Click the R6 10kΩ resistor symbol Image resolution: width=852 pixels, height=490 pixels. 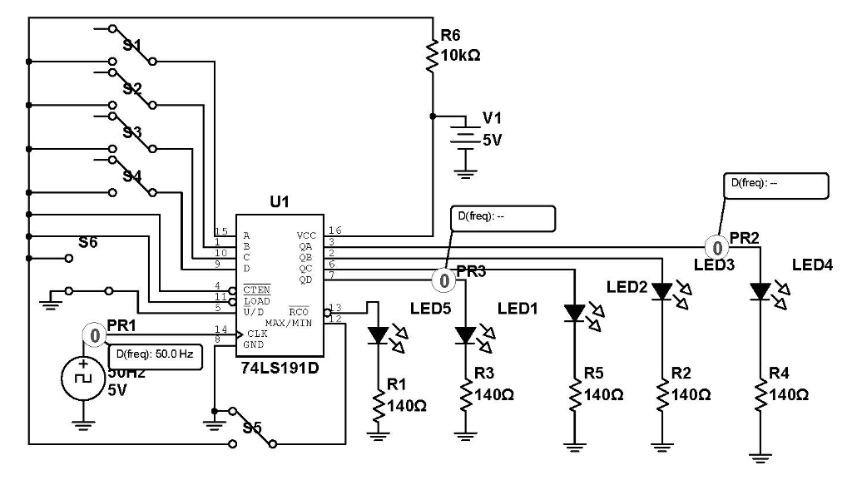(432, 57)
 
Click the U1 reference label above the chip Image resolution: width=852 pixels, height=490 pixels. (279, 202)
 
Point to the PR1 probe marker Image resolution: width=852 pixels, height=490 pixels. (95, 336)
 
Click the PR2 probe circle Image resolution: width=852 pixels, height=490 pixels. (716, 247)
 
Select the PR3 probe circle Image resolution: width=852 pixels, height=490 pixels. (445, 281)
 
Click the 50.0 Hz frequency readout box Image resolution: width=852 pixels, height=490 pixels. (155, 354)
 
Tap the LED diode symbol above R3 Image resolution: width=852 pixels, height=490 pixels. (465, 335)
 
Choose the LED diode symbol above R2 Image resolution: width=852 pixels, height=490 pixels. (662, 291)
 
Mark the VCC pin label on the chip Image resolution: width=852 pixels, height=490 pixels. (306, 235)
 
